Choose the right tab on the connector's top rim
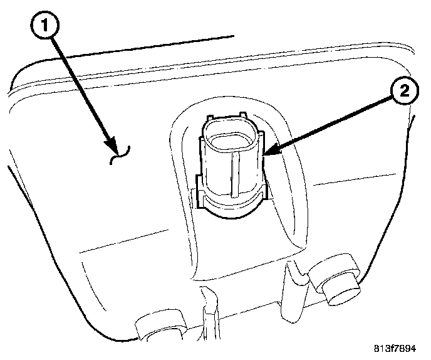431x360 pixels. pos(249,119)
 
